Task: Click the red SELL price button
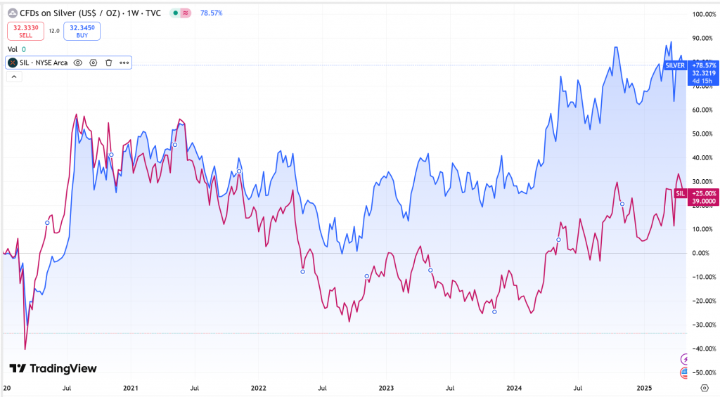26,31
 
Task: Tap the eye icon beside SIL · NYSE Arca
77,63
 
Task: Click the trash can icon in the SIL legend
108,63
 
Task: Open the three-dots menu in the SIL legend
124,63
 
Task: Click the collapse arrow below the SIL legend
14,77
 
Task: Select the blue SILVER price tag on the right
675,65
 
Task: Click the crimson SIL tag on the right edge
680,193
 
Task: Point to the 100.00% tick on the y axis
702,15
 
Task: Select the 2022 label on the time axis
259,387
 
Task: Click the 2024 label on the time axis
514,387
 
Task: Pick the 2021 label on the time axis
130,387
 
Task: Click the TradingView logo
53,368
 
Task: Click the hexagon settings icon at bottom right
704,387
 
